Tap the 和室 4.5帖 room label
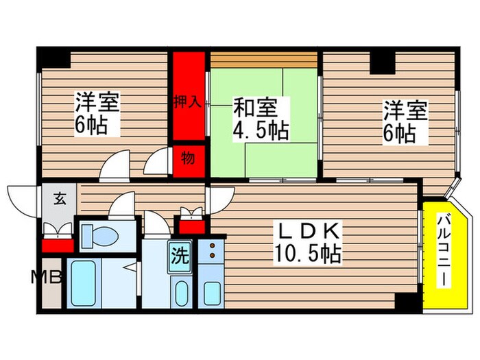[260, 118]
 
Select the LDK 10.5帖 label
[308, 243]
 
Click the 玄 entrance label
[60, 201]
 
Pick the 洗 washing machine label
[179, 256]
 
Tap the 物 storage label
[187, 158]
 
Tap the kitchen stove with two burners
[212, 251]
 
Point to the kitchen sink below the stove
[211, 291]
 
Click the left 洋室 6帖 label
[96, 115]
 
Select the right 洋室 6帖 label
[405, 121]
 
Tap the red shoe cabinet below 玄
[57, 243]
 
